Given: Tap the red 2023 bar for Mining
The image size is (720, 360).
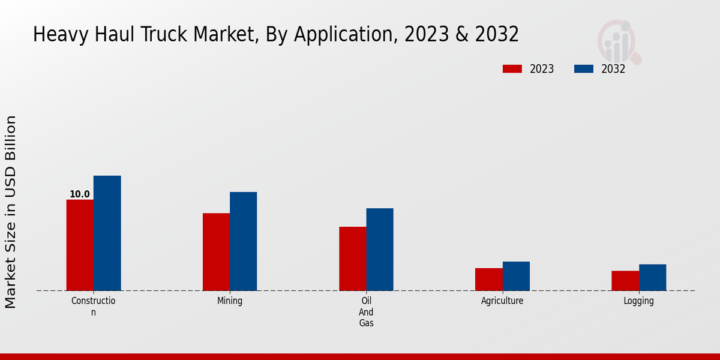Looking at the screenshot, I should [x=216, y=252].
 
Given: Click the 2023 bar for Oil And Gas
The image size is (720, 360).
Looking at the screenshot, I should [x=352, y=259].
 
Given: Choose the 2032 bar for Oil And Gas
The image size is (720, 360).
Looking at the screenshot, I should [x=380, y=249].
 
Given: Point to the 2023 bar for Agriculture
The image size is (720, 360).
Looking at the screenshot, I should [x=488, y=279].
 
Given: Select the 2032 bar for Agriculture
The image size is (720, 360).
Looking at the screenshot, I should [x=516, y=276].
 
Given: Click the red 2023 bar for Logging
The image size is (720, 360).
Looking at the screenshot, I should [x=625, y=281].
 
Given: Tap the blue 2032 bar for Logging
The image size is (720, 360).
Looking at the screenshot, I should [x=652, y=277].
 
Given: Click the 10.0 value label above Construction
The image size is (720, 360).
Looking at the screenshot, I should [x=79, y=194].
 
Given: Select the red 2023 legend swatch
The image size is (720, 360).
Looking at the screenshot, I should [x=512, y=69].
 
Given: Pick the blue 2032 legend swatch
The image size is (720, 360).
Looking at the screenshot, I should [x=583, y=69].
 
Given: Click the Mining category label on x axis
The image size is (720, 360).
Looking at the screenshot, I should [x=230, y=301].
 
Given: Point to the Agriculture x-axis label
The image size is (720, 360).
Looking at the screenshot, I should [x=502, y=301].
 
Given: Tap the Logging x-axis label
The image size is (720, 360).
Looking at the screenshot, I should [x=638, y=301].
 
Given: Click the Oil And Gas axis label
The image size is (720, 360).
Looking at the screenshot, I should [x=366, y=312].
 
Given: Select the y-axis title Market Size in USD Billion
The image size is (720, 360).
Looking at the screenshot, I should [x=11, y=212].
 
